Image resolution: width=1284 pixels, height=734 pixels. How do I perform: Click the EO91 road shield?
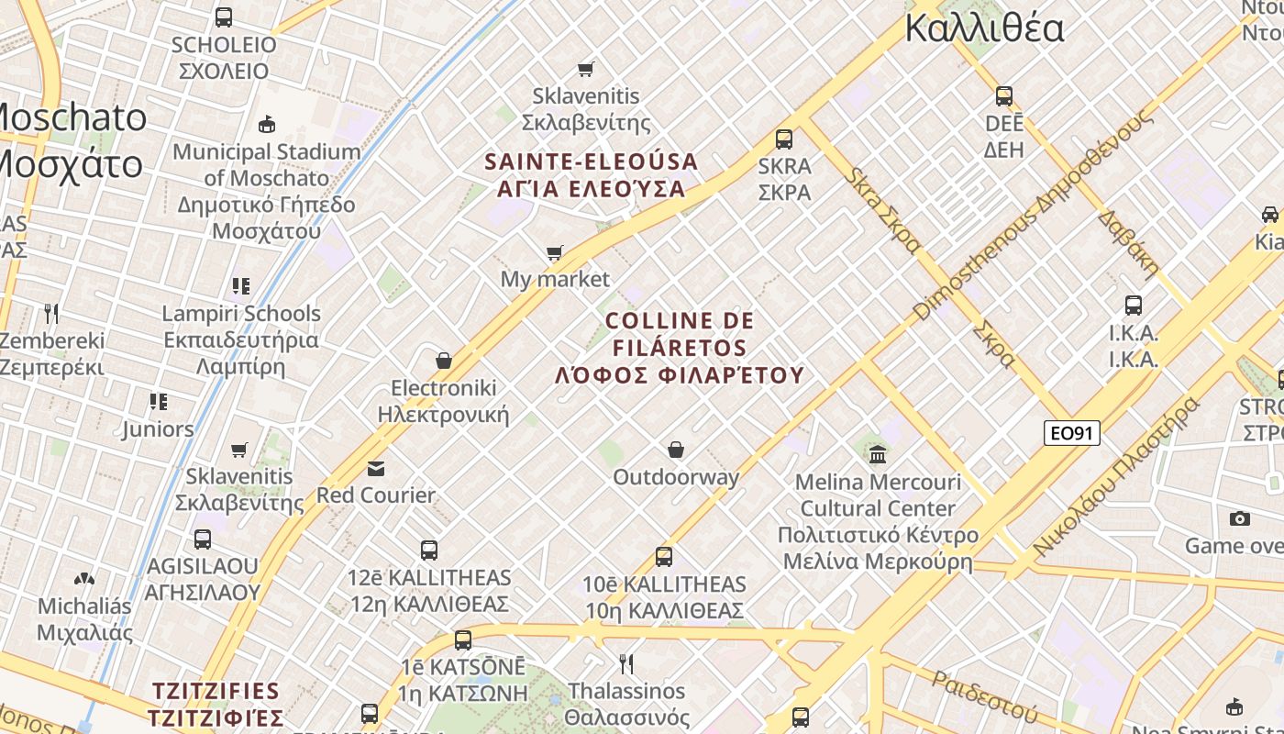pos(1071,432)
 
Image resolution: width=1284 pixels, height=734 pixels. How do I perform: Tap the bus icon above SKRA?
pos(784,139)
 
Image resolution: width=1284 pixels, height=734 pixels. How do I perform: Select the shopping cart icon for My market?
pos(554,252)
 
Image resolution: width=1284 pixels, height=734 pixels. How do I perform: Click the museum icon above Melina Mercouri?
pos(878,453)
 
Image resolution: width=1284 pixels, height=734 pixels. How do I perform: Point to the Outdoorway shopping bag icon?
pos(676,450)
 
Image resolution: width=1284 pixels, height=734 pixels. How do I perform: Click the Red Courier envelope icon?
pos(376,469)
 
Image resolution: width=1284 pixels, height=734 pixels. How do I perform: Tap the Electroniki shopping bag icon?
pos(444,361)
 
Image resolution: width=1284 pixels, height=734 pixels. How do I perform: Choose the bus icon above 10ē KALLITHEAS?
pos(664,556)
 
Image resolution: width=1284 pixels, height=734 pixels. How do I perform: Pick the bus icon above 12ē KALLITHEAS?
pos(429,550)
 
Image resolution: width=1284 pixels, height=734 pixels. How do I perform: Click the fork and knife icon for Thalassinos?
pos(626,663)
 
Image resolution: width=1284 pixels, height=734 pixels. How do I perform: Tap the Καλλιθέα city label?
pos(984,28)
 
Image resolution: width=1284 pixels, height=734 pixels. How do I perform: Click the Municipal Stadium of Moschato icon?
pos(267,124)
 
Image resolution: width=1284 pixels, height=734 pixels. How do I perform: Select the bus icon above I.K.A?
pos(1134,305)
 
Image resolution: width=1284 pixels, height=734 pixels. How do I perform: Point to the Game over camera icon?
pos(1240,518)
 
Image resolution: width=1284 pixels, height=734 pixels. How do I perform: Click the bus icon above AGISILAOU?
pos(203,539)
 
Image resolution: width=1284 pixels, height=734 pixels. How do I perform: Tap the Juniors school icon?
pos(159,402)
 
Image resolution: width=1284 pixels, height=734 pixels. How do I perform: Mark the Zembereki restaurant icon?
pos(51,313)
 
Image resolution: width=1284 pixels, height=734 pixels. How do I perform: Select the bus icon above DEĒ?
pos(1004,95)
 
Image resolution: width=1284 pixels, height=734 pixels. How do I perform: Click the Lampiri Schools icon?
pos(241,286)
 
